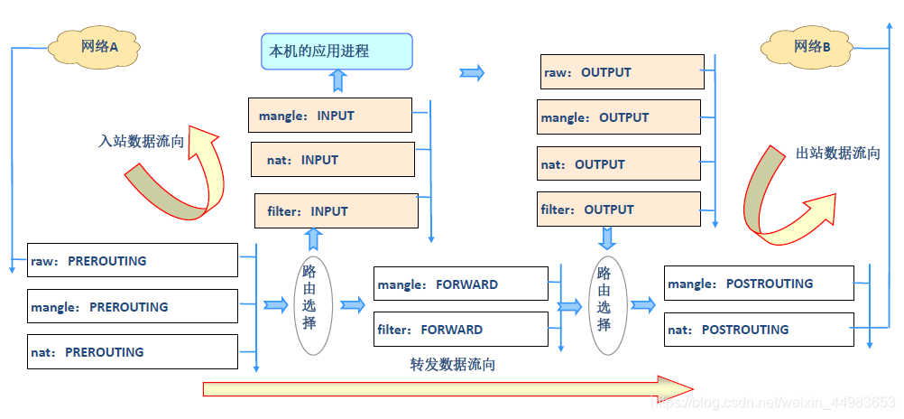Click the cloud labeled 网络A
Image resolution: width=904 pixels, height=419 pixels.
[100, 46]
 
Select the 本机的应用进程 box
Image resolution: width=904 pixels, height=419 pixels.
[337, 51]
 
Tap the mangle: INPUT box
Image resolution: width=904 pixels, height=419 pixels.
[330, 116]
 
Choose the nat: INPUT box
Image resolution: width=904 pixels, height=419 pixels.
[332, 160]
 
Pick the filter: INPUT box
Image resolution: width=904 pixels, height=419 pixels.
[337, 210]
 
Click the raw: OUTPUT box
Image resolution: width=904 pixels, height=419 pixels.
[621, 72]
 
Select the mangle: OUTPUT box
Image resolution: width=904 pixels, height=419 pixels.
[619, 117]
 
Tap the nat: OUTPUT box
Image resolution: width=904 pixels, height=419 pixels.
[619, 164]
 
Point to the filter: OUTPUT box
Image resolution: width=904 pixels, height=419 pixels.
[619, 209]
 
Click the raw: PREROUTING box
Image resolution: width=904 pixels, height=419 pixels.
[133, 260]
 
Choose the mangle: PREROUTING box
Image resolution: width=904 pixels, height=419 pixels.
[133, 306]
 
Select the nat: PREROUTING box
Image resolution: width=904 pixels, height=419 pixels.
[133, 351]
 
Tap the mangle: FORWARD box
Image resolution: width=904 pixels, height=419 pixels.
[460, 284]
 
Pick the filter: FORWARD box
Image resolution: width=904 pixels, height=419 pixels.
[460, 329]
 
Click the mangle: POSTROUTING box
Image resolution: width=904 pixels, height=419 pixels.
[759, 283]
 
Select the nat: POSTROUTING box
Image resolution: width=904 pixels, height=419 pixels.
[759, 329]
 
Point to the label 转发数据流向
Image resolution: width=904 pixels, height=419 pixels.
[452, 365]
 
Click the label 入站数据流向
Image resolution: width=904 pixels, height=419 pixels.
[142, 141]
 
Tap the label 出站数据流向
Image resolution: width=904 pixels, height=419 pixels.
[837, 153]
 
